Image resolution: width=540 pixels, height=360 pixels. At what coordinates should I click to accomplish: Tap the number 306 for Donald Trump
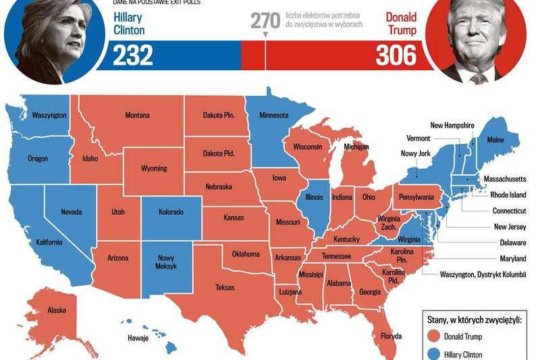coord(396,55)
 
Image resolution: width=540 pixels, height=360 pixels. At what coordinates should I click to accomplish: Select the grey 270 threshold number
coord(265,20)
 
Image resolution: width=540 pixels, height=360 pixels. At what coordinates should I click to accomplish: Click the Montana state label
coord(137,115)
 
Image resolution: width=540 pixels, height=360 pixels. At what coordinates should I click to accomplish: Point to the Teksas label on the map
coord(225,287)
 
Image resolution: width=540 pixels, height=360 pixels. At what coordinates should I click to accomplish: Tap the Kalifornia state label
coord(49,242)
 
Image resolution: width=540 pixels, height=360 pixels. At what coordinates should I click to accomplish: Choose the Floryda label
coord(391,336)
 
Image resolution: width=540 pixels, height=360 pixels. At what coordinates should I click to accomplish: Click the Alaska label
coord(57,310)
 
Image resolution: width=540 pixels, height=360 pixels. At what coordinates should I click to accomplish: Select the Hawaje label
coord(138,338)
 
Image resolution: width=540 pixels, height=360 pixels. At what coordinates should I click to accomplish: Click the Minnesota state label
coord(274,115)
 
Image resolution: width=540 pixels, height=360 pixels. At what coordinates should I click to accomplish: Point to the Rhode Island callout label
coord(508,195)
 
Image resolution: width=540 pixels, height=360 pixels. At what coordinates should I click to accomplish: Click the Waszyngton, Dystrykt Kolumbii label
coord(482,275)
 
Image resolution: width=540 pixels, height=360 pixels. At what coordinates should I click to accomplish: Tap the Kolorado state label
coord(171,212)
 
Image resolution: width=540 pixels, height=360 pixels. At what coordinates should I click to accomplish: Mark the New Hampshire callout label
coord(452,125)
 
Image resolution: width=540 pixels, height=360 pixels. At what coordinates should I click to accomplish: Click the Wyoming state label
coord(154,169)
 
